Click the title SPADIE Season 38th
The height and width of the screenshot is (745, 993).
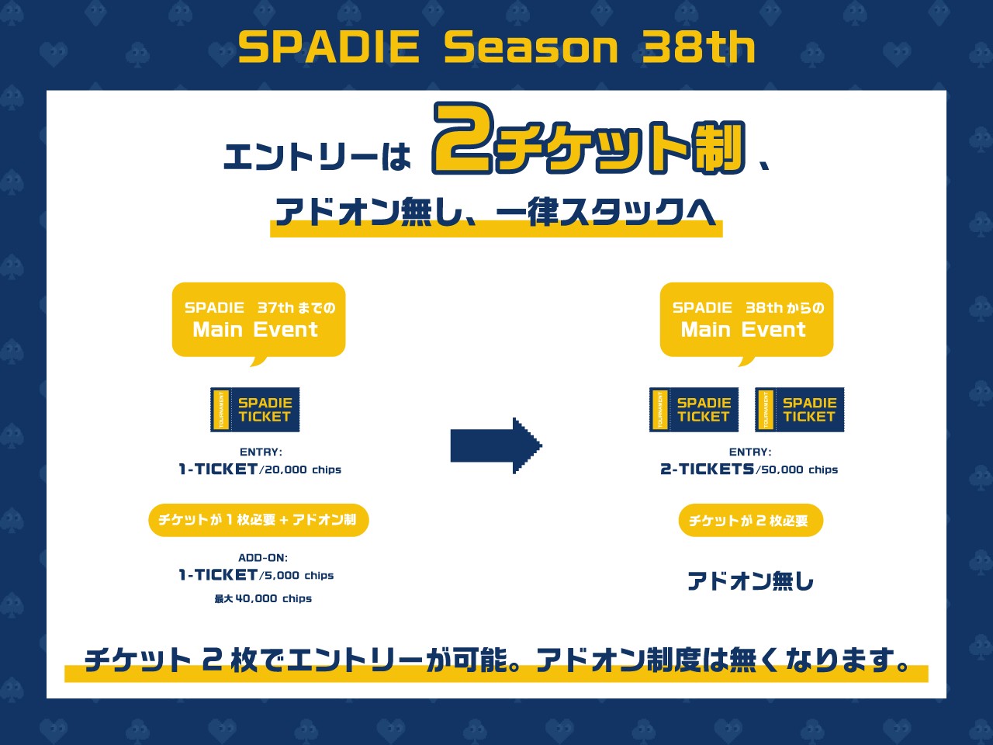click(496, 47)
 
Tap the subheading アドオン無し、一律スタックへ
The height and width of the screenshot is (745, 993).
click(496, 212)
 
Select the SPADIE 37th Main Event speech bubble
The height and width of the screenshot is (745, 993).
click(258, 320)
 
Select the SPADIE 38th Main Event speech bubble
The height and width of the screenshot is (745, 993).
click(746, 320)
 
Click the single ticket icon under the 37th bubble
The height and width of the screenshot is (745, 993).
click(255, 410)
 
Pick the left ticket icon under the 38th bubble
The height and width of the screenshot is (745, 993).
click(694, 410)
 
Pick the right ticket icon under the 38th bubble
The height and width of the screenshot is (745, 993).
click(799, 410)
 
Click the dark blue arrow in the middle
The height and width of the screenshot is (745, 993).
click(496, 445)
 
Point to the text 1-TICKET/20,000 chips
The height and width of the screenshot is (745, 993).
click(260, 470)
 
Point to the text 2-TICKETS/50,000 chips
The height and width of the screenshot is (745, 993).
click(749, 470)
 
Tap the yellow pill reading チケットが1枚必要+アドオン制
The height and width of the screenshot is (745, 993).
click(258, 520)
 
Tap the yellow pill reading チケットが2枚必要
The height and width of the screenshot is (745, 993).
click(750, 521)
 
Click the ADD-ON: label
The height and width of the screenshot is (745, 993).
click(263, 557)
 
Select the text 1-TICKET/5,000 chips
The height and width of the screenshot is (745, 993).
click(257, 575)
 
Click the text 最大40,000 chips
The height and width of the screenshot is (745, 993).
click(263, 598)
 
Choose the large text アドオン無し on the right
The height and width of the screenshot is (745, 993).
click(750, 581)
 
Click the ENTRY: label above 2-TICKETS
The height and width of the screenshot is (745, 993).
click(750, 452)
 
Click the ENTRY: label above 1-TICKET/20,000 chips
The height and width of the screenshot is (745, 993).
click(261, 452)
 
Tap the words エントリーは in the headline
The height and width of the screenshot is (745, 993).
click(317, 158)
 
